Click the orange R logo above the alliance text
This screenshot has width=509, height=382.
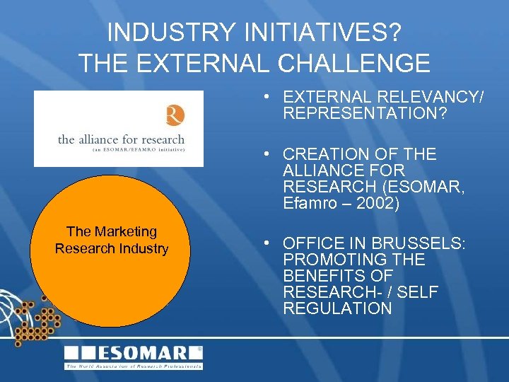click(x=174, y=115)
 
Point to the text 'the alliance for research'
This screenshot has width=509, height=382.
click(x=121, y=139)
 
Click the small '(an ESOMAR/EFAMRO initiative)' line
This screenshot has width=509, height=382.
click(x=121, y=150)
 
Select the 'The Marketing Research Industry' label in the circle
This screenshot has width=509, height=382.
click(x=112, y=240)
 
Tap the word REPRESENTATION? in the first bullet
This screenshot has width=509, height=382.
click(x=365, y=113)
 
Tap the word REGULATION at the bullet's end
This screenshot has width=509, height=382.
click(x=337, y=308)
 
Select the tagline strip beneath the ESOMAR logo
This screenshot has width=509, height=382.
click(x=134, y=366)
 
